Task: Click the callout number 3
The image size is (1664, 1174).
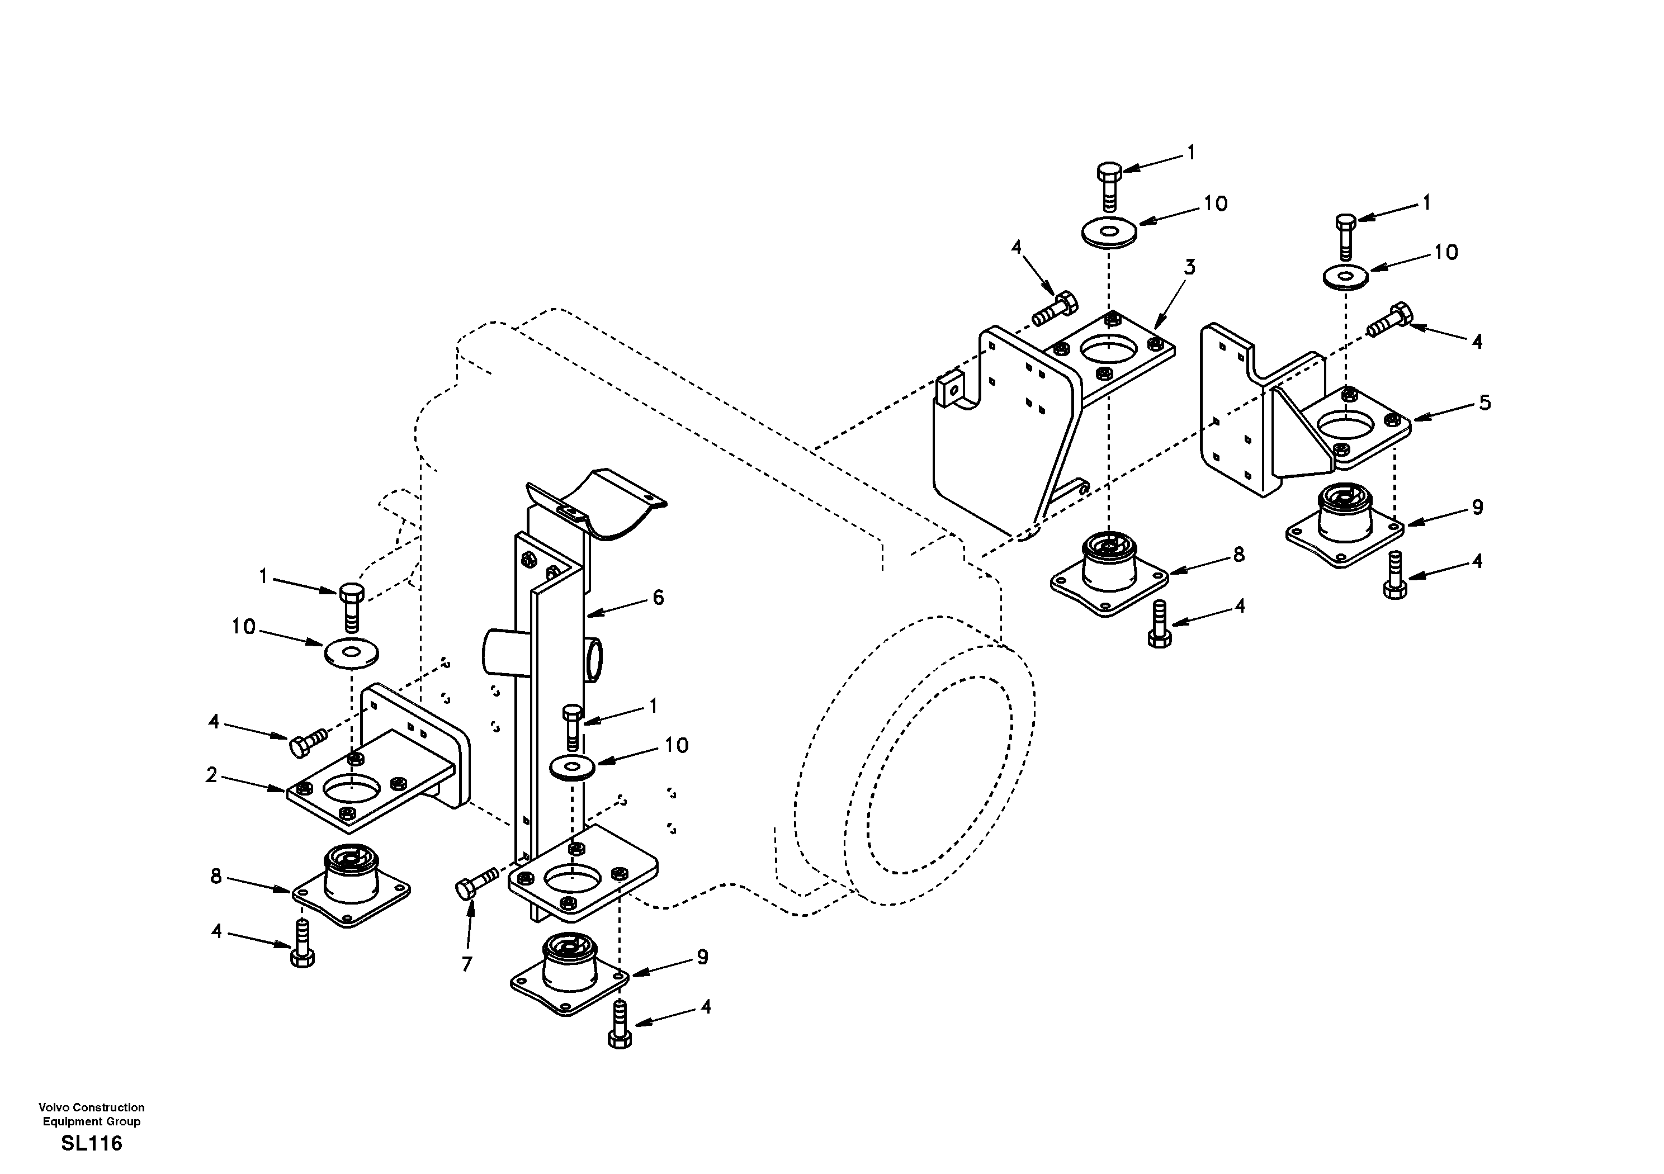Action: pos(1189,267)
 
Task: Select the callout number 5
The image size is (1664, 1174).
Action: pos(1485,403)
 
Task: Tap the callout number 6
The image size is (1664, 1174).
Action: pos(658,597)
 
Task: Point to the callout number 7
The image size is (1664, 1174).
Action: pos(467,964)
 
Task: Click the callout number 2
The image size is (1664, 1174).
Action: pos(211,775)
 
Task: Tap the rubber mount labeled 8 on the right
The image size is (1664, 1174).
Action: pos(1109,572)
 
